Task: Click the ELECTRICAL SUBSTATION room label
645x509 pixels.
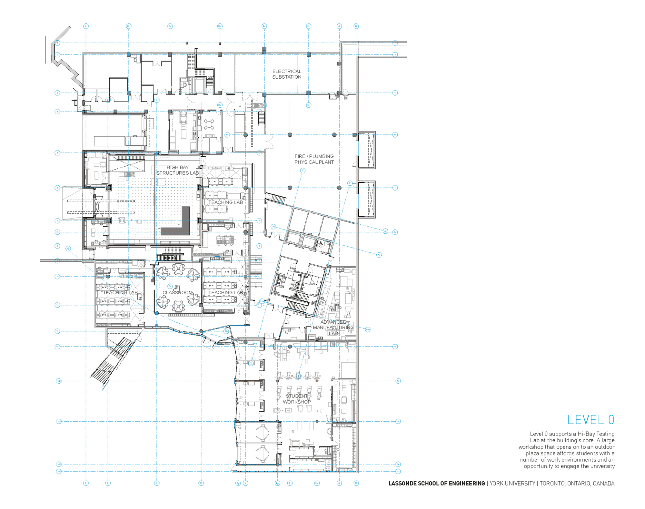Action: (287, 74)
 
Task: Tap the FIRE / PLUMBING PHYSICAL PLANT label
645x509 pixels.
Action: (314, 159)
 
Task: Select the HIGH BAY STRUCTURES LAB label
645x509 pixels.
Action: (177, 170)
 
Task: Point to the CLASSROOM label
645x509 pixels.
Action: (177, 293)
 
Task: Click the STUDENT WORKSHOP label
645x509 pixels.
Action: (297, 399)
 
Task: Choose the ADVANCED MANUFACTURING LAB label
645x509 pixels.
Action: (333, 328)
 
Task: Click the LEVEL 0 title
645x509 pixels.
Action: (590, 420)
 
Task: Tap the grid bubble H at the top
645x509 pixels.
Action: (356, 26)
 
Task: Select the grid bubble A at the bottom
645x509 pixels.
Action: (86, 483)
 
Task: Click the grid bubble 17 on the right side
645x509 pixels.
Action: (398, 471)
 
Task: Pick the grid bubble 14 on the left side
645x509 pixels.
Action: (59, 381)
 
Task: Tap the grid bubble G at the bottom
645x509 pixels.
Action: (339, 483)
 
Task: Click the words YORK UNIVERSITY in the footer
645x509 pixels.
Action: (512, 484)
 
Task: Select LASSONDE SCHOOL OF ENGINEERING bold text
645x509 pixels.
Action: (437, 484)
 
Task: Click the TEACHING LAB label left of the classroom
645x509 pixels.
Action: (120, 293)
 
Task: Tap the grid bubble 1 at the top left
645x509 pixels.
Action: (57, 43)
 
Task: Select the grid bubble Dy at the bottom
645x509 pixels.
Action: (238, 483)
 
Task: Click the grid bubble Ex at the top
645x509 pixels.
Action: (264, 26)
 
